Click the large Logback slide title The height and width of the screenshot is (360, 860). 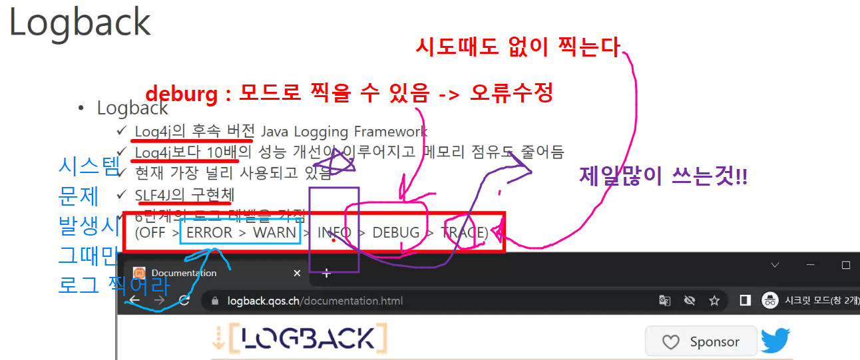(x=80, y=22)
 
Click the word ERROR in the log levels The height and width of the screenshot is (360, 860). (x=209, y=233)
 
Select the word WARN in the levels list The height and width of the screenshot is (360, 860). (x=274, y=233)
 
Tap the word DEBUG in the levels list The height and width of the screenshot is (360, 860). (x=396, y=233)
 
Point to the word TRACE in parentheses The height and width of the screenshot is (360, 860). (x=464, y=233)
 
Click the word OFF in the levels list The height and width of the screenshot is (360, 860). (x=154, y=233)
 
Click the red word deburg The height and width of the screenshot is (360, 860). (x=181, y=94)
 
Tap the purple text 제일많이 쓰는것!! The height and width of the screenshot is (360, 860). (x=663, y=177)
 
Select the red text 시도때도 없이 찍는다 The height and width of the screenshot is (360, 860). (x=518, y=47)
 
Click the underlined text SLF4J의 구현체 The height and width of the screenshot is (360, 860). (x=184, y=195)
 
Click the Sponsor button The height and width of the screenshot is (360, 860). (x=702, y=342)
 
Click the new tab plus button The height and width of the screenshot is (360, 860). (x=326, y=273)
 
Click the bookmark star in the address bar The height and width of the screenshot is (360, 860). (x=714, y=301)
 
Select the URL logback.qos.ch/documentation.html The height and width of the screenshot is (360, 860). (x=315, y=301)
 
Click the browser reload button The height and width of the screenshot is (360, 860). (x=184, y=301)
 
